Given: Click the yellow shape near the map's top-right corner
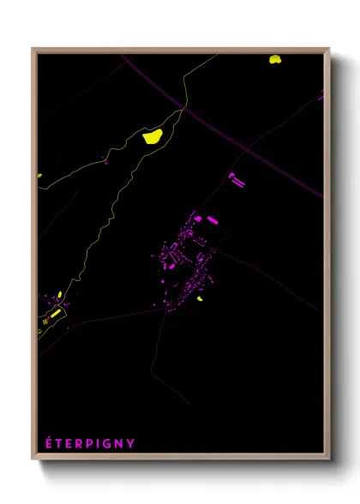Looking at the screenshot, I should point(275,59).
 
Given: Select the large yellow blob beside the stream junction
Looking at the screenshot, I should point(153,135).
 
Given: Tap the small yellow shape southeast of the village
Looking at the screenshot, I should point(200,299).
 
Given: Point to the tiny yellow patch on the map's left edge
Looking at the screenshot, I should point(39,176).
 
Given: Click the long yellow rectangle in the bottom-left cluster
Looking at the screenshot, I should point(55,314).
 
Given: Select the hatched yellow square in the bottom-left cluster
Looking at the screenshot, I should point(45,323).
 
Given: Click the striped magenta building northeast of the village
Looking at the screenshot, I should point(237,180).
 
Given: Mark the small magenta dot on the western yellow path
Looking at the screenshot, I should point(106,160).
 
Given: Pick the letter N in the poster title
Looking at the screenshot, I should point(118,444).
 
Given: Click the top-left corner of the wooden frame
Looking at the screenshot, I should point(33,49).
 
